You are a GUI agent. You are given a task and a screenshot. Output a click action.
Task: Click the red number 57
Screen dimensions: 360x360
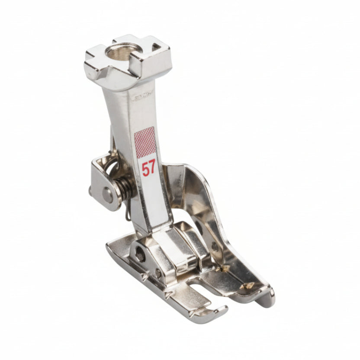coord(148,168)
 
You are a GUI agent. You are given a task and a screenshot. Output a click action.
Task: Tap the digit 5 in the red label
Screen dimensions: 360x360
coord(145,168)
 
